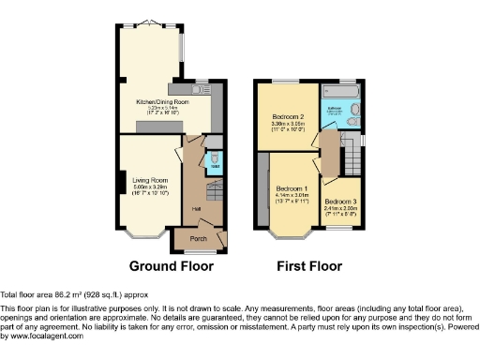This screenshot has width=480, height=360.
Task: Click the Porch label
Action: pos(199,239)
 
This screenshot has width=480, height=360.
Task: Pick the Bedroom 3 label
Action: pos(342,202)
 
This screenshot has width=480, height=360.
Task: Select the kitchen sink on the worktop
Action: pos(204,86)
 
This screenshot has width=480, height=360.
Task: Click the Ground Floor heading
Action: pos(172,266)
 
